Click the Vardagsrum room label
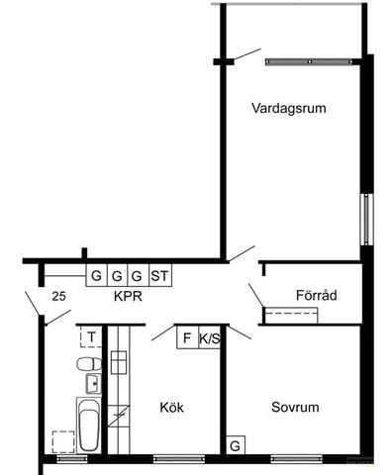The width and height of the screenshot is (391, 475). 289,108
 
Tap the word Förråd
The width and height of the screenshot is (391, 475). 317,295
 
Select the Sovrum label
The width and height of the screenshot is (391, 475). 294,407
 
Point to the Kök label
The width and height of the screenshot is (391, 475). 172,407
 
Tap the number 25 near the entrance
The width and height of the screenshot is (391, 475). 59,296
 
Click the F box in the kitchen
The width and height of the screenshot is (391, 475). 185,337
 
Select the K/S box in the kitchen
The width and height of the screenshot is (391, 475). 210,337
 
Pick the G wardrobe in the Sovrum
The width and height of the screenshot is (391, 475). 236,446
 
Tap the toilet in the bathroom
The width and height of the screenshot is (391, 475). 86,365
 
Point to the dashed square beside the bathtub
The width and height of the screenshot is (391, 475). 61,441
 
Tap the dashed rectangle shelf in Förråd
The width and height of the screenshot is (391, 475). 291,315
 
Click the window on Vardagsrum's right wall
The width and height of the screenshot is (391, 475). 366,218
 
